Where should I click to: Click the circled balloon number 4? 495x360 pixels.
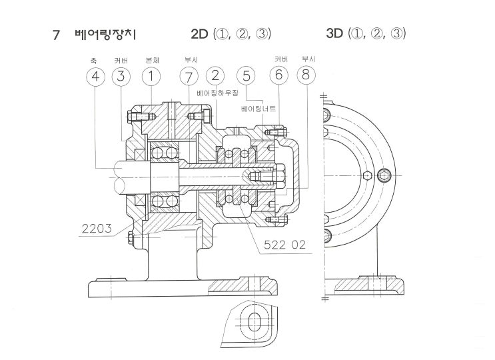[95, 77]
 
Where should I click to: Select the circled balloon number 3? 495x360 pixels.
[121, 77]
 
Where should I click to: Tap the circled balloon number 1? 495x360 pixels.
[151, 77]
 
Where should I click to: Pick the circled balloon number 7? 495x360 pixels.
[189, 77]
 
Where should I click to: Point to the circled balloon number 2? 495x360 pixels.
[215, 76]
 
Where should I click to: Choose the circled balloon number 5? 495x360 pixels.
[246, 76]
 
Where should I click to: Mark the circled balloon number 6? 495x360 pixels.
[278, 75]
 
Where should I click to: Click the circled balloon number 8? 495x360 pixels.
[306, 75]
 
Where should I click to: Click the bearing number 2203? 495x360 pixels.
[97, 228]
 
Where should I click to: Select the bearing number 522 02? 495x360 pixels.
[284, 245]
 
